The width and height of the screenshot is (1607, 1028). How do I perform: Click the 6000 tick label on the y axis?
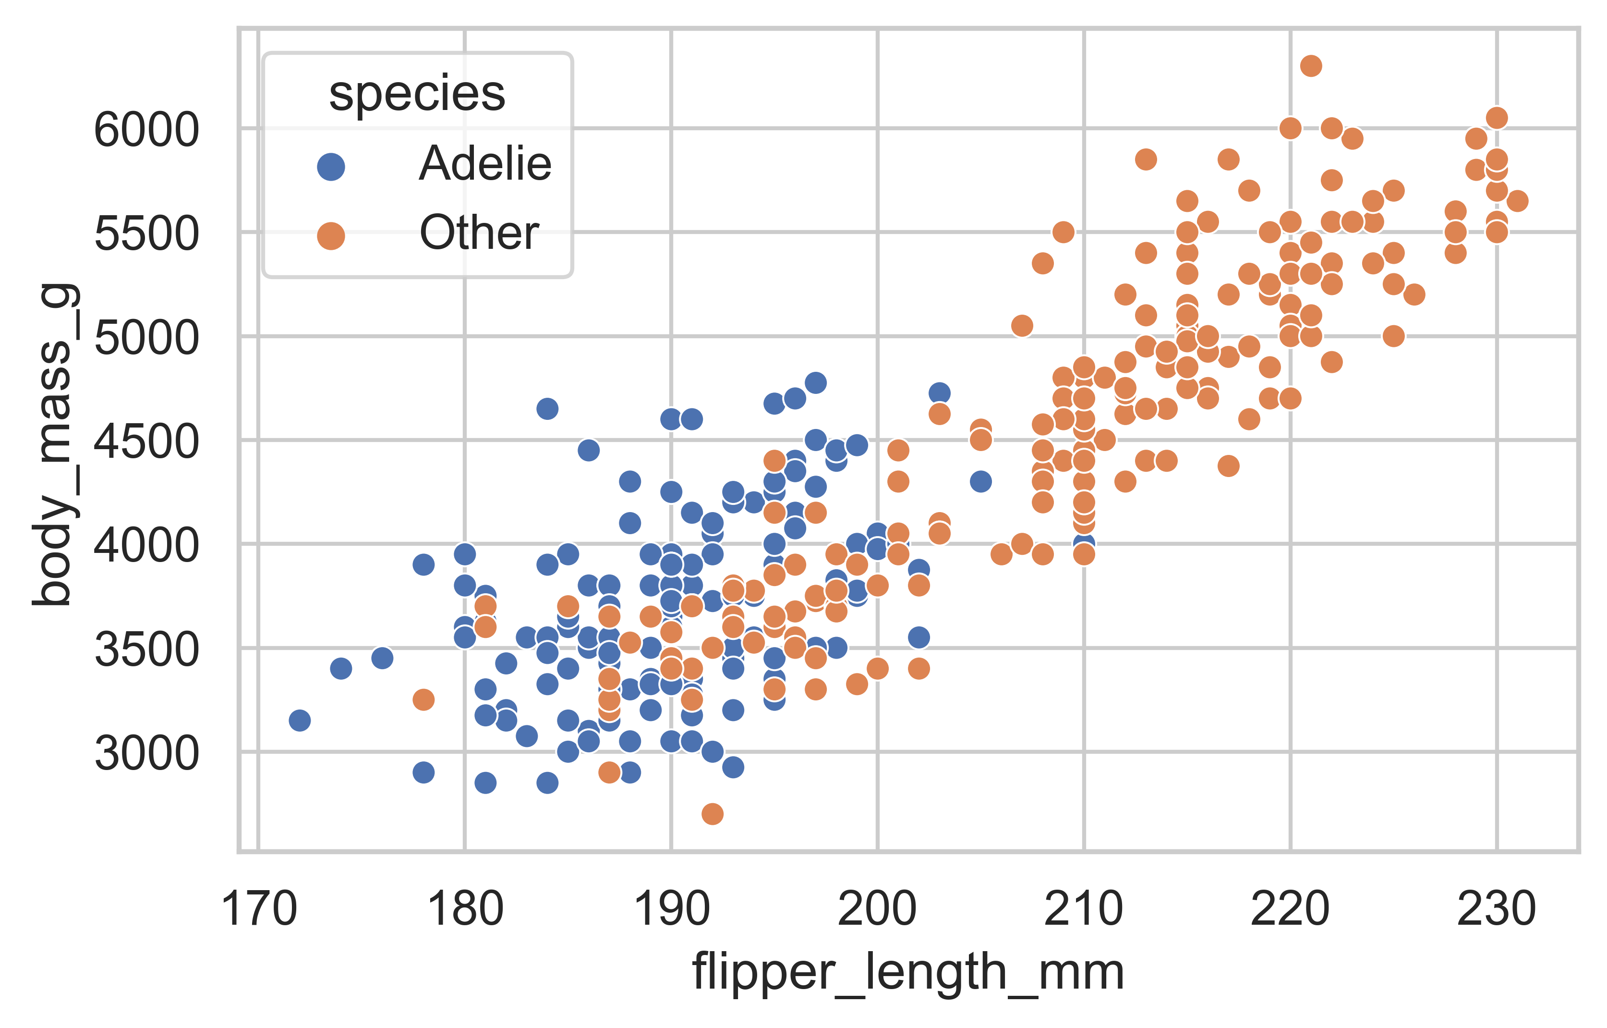[146, 130]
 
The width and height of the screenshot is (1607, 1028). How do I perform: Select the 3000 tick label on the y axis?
[146, 754]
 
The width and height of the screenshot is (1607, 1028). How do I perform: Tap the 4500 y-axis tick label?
[146, 441]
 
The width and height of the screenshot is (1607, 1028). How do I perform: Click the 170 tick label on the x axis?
[258, 909]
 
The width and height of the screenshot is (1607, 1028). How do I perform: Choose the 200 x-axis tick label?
[877, 909]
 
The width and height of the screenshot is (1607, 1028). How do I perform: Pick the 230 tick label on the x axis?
[1496, 909]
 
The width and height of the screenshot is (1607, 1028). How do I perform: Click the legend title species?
[417, 94]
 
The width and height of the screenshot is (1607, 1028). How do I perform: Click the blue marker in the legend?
[331, 166]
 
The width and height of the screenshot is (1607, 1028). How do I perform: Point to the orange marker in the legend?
[331, 236]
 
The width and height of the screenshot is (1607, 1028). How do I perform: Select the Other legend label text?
[479, 233]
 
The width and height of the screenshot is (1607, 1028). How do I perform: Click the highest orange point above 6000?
[1311, 65]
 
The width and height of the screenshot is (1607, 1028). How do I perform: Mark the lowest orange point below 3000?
[712, 814]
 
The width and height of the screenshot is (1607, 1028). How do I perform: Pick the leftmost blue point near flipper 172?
[300, 720]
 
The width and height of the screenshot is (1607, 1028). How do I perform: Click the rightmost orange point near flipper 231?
[1517, 200]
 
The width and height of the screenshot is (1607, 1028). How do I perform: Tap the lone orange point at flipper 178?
[423, 699]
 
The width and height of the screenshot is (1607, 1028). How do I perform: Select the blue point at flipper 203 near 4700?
[939, 393]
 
